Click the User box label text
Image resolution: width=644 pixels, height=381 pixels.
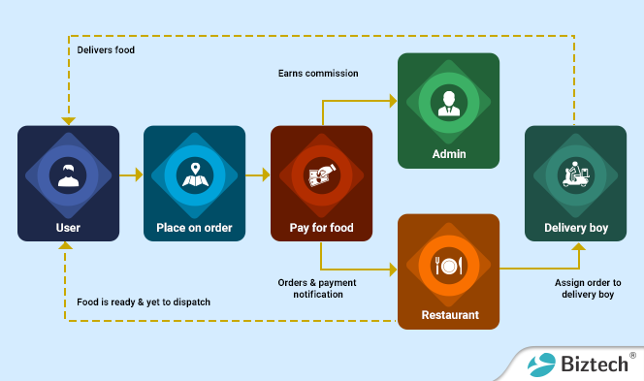[x=68, y=229]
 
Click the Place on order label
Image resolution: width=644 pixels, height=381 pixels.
[x=194, y=229]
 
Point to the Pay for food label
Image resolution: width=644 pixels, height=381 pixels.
[x=321, y=229]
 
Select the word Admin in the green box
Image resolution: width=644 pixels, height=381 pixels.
[x=448, y=154]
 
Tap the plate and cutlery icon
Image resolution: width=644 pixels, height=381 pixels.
[x=448, y=264]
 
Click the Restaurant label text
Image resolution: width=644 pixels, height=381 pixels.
[x=448, y=316]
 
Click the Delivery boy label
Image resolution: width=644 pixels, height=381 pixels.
[x=574, y=229]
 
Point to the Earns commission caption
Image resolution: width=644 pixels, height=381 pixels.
[x=318, y=74]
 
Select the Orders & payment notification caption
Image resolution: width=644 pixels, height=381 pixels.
[x=318, y=288]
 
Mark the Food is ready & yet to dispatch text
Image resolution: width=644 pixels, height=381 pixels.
[x=144, y=302]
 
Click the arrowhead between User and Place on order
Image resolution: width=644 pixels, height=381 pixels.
[x=138, y=175]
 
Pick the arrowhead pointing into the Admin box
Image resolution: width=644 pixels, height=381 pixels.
[x=393, y=100]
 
